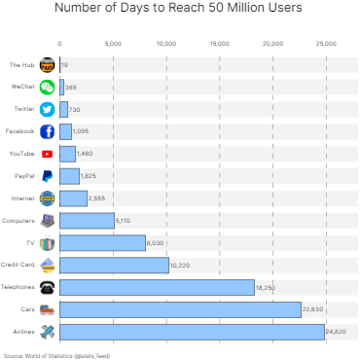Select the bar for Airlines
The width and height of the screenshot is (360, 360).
pyautogui.click(x=192, y=332)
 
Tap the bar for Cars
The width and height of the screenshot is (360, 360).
pyautogui.click(x=181, y=309)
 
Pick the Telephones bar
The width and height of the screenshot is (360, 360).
pyautogui.click(x=158, y=287)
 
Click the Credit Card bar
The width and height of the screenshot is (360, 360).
pyautogui.click(x=115, y=265)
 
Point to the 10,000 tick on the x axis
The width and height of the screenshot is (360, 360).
pyautogui.click(x=166, y=44)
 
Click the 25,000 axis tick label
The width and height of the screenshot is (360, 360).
pyautogui.click(x=326, y=44)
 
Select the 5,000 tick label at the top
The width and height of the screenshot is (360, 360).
pyautogui.click(x=113, y=44)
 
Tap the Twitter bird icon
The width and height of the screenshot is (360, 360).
pyautogui.click(x=47, y=109)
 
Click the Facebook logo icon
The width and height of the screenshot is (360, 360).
pyautogui.click(x=47, y=131)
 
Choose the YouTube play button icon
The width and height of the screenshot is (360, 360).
pyautogui.click(x=47, y=154)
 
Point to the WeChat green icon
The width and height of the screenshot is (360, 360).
pyautogui.click(x=47, y=87)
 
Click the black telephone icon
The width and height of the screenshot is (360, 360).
pyautogui.click(x=47, y=287)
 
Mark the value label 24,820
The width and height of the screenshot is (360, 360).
pyautogui.click(x=337, y=333)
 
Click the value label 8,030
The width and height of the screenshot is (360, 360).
pyautogui.click(x=158, y=243)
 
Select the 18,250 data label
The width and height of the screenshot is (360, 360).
pyautogui.click(x=267, y=288)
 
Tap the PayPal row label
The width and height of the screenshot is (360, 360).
pyautogui.click(x=25, y=176)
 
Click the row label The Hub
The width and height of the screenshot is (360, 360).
pyautogui.click(x=22, y=64)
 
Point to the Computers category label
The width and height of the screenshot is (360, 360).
pyautogui.click(x=19, y=221)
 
